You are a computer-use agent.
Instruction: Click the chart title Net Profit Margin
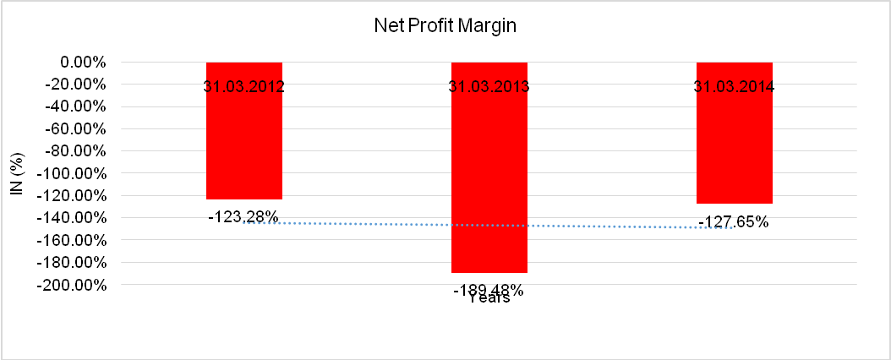445,25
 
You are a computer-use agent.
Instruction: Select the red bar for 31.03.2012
244,144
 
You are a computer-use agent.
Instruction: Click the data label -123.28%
243,216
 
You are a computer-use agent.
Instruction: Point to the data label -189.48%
489,290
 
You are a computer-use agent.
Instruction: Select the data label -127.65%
734,222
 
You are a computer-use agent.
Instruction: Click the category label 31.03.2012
244,86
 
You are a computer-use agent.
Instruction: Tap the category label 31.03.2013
489,86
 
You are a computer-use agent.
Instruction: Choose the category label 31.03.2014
734,86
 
